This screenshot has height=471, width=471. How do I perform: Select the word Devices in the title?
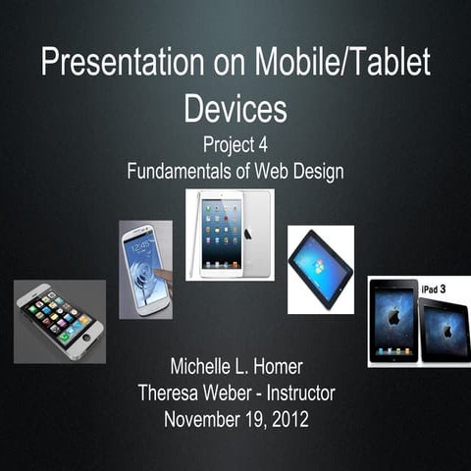point(235,107)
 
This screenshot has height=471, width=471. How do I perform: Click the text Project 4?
point(235,145)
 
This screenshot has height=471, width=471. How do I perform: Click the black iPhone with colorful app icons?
point(59,321)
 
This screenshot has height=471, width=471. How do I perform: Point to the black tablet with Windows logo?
point(320,268)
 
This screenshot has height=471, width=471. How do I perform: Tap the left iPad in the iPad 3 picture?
point(394,321)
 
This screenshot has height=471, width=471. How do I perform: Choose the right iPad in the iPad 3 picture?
point(445,329)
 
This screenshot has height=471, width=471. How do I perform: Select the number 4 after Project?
point(262,145)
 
